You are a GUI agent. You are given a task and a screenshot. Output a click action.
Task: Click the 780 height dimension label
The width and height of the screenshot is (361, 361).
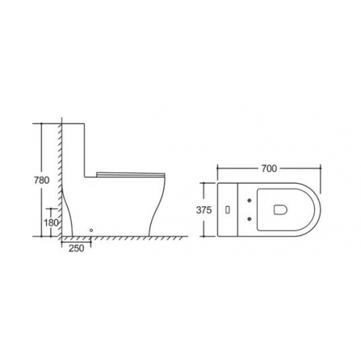(41, 180)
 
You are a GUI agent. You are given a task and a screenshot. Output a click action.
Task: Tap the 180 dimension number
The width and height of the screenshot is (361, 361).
(51, 223)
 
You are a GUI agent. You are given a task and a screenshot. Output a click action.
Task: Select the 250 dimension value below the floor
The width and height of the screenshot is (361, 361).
(76, 248)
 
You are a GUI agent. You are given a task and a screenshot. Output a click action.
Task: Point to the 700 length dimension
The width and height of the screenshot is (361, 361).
(269, 169)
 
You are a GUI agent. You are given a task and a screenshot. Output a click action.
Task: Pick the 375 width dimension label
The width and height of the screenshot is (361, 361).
(203, 210)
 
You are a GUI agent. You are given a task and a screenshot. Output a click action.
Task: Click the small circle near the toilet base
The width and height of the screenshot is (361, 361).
(91, 230)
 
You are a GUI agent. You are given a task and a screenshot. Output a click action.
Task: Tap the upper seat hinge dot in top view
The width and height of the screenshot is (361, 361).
(249, 201)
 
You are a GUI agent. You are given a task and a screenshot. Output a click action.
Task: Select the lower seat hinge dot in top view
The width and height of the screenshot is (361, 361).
(249, 219)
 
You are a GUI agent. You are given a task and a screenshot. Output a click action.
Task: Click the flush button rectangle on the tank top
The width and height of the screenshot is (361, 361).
(228, 210)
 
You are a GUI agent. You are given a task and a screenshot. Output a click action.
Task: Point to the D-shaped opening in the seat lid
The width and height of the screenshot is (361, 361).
(280, 209)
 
